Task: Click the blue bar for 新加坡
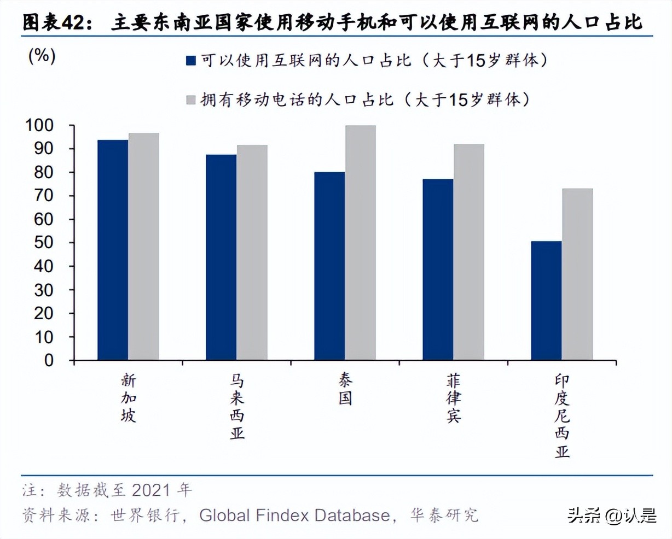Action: (x=113, y=250)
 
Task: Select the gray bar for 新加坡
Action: (x=144, y=247)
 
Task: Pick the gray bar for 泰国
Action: (x=360, y=243)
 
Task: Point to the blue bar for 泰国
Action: (x=329, y=266)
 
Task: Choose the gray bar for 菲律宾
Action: (x=468, y=252)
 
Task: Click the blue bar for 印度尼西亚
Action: (x=546, y=301)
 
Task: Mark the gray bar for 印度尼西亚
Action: (x=577, y=274)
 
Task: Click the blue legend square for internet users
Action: (x=191, y=60)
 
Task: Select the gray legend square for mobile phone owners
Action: (x=191, y=99)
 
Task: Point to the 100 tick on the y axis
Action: (x=39, y=125)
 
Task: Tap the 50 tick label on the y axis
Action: (x=44, y=243)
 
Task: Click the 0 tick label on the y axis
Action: (x=49, y=361)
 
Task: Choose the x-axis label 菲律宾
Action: (x=454, y=399)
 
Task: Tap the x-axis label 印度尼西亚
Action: (x=562, y=416)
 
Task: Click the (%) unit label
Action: (x=42, y=55)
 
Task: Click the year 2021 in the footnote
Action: (x=151, y=490)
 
